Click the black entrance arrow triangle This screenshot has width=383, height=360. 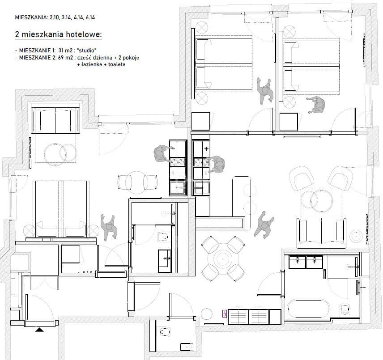[39, 330]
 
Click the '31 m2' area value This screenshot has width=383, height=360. [66, 51]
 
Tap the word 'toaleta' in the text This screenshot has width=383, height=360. [117, 64]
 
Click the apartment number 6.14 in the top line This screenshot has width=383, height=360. [90, 17]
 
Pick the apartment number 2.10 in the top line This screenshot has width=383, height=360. [54, 17]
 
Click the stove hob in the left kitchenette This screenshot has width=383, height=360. [178, 162]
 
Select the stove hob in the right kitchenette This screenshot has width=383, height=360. [201, 162]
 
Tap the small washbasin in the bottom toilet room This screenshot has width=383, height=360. [187, 347]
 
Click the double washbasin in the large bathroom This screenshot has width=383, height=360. [305, 262]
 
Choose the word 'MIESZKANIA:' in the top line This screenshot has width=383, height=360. [31, 17]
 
